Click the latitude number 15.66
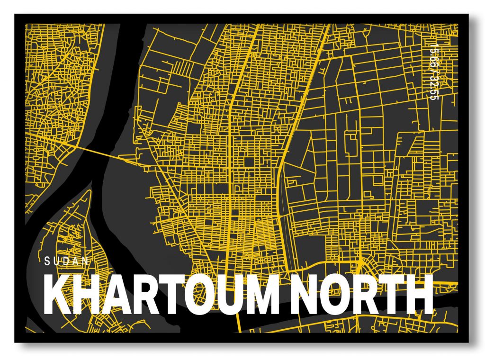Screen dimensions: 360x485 point(432,57)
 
